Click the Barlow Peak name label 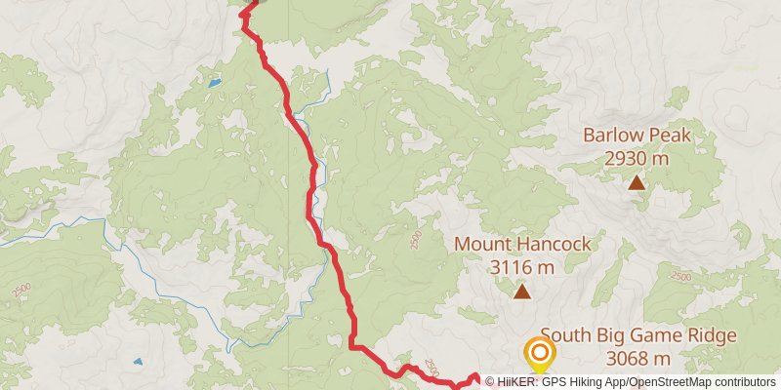click(x=637, y=136)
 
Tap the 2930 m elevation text click(x=637, y=157)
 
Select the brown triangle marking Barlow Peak click(x=637, y=181)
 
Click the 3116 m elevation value click(x=522, y=265)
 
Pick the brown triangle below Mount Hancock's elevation click(x=522, y=291)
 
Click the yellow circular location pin click(x=538, y=353)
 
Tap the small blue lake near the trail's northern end click(x=214, y=83)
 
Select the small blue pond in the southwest click(x=138, y=361)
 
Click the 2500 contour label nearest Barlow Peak click(x=681, y=278)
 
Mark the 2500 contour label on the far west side click(x=22, y=290)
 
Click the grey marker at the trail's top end click(x=249, y=3)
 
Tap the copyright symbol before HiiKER click(x=492, y=382)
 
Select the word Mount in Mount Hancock click(x=484, y=244)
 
